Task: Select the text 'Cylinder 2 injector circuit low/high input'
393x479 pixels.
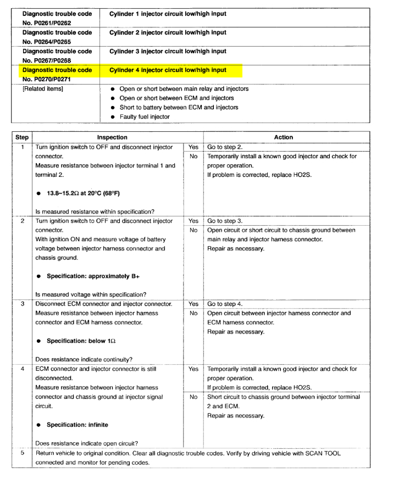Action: [x=168, y=32]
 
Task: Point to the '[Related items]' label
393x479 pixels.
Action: [x=43, y=88]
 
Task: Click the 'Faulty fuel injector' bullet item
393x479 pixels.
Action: [x=145, y=116]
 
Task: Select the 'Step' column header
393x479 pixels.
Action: [x=21, y=137]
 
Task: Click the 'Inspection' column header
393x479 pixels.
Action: [x=112, y=137]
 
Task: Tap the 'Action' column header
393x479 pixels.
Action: [x=283, y=137]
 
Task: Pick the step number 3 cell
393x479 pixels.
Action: [x=23, y=304]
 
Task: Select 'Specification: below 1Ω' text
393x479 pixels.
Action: [x=81, y=341]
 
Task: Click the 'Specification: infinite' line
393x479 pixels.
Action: [x=78, y=425]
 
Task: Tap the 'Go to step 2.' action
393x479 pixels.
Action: [x=225, y=147]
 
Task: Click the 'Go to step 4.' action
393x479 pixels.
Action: [x=225, y=304]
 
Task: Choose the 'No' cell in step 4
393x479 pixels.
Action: [x=193, y=397]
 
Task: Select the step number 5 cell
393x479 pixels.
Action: [x=23, y=453]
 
